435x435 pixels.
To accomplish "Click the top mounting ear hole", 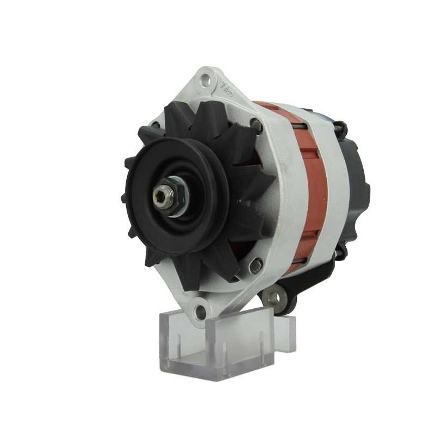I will [204, 81].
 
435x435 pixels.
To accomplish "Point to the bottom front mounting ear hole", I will [201, 312].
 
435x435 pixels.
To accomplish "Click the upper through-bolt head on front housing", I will [256, 126].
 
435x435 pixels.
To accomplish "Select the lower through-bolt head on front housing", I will [256, 266].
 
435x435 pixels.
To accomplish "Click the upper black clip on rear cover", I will [341, 129].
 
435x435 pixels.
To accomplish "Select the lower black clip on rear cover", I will [341, 251].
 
